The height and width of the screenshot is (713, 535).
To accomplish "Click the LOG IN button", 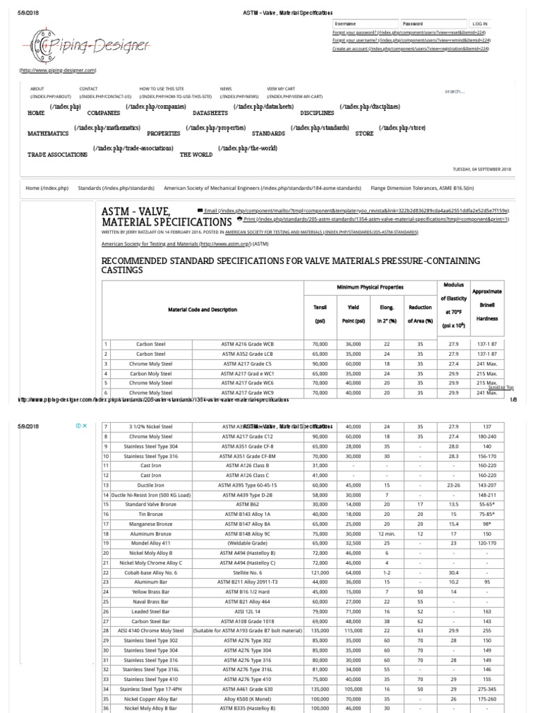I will [x=479, y=23].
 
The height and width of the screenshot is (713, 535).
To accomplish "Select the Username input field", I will [x=364, y=23].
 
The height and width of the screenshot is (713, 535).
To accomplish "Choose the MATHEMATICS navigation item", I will [x=48, y=133].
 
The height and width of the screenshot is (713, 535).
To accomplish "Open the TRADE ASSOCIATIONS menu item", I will [x=58, y=155].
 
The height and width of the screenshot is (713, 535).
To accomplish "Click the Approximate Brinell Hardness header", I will [x=486, y=306].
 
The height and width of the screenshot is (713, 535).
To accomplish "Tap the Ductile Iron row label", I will [x=150, y=484].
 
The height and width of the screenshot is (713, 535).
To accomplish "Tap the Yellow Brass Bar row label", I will [x=150, y=591].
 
